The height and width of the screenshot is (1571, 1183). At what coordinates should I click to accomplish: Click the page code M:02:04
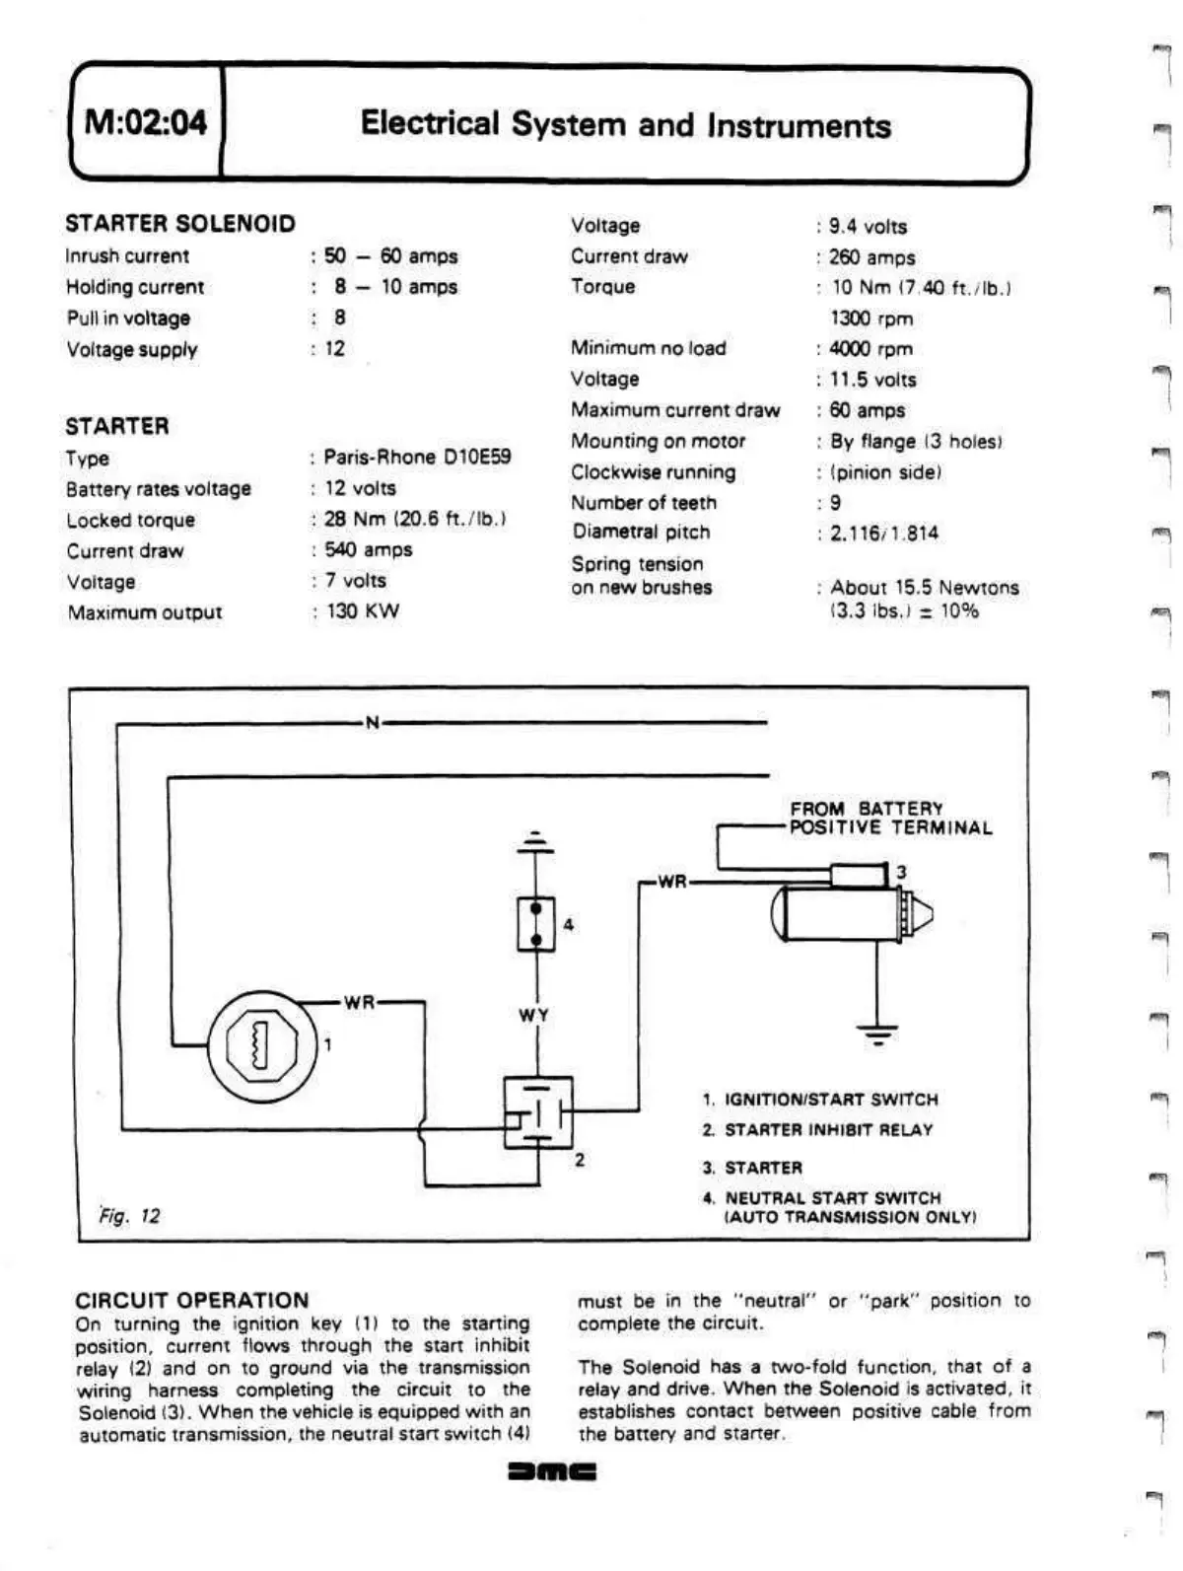[x=146, y=122]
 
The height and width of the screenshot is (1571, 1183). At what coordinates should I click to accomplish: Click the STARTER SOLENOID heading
[x=180, y=224]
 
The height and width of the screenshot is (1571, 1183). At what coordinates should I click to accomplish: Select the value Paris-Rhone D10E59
[x=417, y=457]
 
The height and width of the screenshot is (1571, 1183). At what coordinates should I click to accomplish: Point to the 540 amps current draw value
[x=369, y=549]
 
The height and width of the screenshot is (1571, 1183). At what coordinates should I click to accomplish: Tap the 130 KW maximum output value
[x=363, y=611]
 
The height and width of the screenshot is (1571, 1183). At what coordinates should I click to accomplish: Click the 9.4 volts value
[x=868, y=226]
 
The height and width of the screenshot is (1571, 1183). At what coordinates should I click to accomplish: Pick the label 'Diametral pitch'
[x=641, y=533]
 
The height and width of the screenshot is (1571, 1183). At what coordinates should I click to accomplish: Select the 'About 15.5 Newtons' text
[x=925, y=588]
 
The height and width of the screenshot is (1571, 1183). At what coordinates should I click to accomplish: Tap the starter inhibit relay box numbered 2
[x=537, y=1113]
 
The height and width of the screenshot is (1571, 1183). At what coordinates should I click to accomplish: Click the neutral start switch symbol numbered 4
[x=535, y=923]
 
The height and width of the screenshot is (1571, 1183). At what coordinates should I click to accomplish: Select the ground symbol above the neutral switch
[x=535, y=842]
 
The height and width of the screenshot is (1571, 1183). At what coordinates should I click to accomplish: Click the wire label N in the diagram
[x=372, y=723]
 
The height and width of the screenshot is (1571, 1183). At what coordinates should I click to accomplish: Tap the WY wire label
[x=534, y=1015]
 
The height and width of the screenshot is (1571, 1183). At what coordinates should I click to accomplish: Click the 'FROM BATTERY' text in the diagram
[x=867, y=809]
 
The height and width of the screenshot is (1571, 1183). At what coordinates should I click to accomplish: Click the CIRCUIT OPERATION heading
[x=192, y=1300]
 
